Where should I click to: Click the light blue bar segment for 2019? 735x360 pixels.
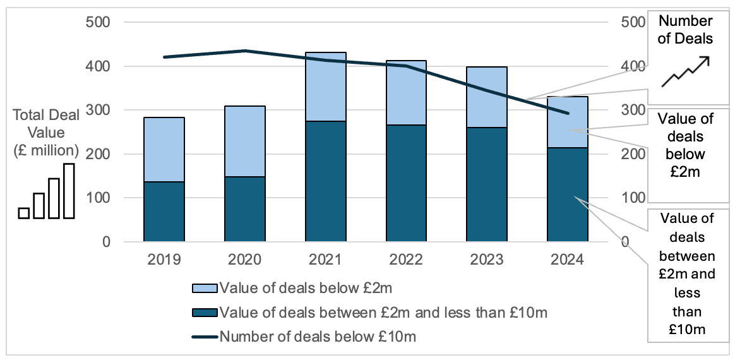(x=164, y=150)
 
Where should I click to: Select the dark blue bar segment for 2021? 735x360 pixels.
(x=326, y=181)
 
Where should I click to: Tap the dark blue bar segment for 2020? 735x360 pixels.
(x=245, y=209)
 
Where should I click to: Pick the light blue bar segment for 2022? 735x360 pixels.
(x=406, y=93)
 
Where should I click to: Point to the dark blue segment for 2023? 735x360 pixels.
(x=487, y=184)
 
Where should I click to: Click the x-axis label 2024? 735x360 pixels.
(x=567, y=260)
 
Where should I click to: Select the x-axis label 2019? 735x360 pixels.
(x=164, y=260)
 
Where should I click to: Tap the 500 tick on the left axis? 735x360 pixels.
(x=98, y=23)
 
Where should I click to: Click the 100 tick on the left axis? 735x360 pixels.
(x=98, y=198)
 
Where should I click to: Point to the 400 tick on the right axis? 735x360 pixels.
(x=633, y=66)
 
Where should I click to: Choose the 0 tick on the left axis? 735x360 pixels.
(x=106, y=242)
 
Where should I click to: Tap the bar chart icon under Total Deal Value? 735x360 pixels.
(x=47, y=192)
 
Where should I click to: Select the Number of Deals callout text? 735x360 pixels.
(x=685, y=30)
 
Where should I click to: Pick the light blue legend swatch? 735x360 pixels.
(x=205, y=289)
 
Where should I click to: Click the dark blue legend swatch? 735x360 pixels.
(x=205, y=313)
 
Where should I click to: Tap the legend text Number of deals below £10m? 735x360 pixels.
(x=318, y=337)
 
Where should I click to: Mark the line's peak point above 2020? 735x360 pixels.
(x=245, y=51)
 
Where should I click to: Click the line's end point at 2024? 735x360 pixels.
(x=567, y=114)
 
